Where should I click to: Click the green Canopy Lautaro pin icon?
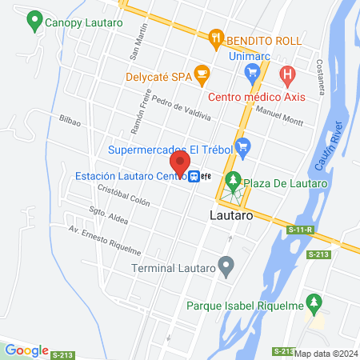(34, 22)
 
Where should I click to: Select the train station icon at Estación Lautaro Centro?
(194, 177)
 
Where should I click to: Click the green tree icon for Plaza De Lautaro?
(233, 182)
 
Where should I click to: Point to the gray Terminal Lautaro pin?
(227, 266)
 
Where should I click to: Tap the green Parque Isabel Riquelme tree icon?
(316, 304)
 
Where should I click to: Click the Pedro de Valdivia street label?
(181, 110)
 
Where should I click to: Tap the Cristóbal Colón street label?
(123, 196)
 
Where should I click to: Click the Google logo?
(27, 350)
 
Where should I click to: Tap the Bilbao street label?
(70, 119)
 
